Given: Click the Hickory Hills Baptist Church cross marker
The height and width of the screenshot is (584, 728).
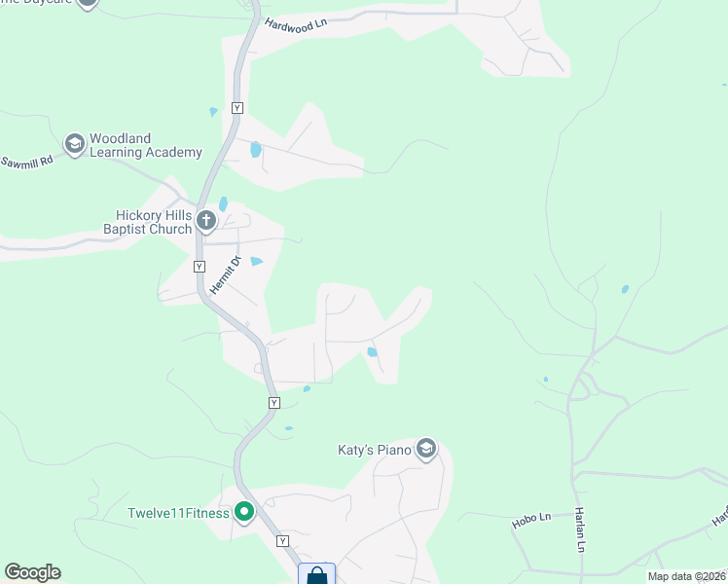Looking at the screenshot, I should click(205, 221).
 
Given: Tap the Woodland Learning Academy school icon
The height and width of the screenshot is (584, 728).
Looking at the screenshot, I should click(73, 145).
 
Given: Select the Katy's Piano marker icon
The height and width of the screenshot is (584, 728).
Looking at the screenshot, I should click(425, 449).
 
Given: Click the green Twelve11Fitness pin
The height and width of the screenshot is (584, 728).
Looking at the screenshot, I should click(244, 512).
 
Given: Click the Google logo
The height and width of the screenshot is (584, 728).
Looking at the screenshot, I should click(32, 572).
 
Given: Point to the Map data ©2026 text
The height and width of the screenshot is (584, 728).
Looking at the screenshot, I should click(686, 576).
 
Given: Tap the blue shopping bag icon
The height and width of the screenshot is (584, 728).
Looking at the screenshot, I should click(317, 575).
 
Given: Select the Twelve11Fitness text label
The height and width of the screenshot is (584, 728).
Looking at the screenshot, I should click(178, 513).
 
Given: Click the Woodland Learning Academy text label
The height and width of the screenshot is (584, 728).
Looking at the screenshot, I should click(146, 145).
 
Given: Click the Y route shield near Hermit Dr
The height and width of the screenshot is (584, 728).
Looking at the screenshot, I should click(199, 266).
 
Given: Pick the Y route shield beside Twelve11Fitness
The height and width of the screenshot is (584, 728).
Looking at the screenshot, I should click(282, 540).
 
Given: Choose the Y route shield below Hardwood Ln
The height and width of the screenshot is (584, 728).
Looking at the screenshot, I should click(237, 107).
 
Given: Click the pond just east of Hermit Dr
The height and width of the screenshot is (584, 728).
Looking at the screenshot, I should click(257, 261).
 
